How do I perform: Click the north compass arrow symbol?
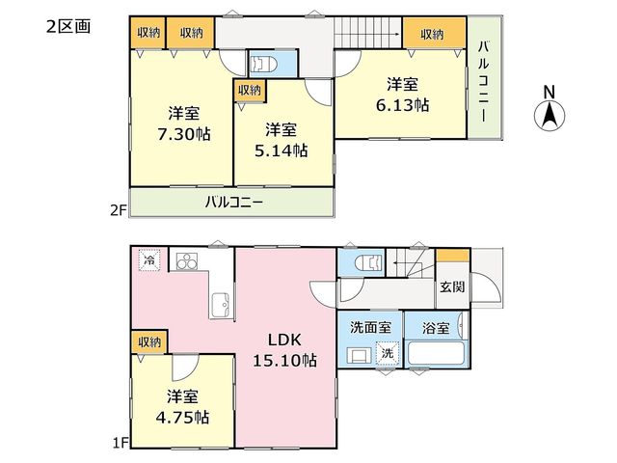[550, 116]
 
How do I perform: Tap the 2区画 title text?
[68, 26]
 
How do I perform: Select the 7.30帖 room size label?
[184, 134]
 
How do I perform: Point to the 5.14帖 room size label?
[281, 150]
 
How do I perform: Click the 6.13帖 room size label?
[402, 105]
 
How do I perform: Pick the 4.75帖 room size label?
[182, 417]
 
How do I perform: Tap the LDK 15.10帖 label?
[284, 349]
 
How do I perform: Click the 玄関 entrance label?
[452, 286]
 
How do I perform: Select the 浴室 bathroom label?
[436, 328]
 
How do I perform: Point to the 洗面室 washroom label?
[370, 327]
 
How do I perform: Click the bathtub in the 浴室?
[437, 353]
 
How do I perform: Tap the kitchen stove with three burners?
[187, 261]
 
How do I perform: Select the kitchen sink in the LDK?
[221, 306]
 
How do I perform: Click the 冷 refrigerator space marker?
[149, 259]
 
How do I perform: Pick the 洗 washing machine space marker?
[388, 353]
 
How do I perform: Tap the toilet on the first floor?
[368, 262]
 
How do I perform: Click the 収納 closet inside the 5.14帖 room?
[250, 91]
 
